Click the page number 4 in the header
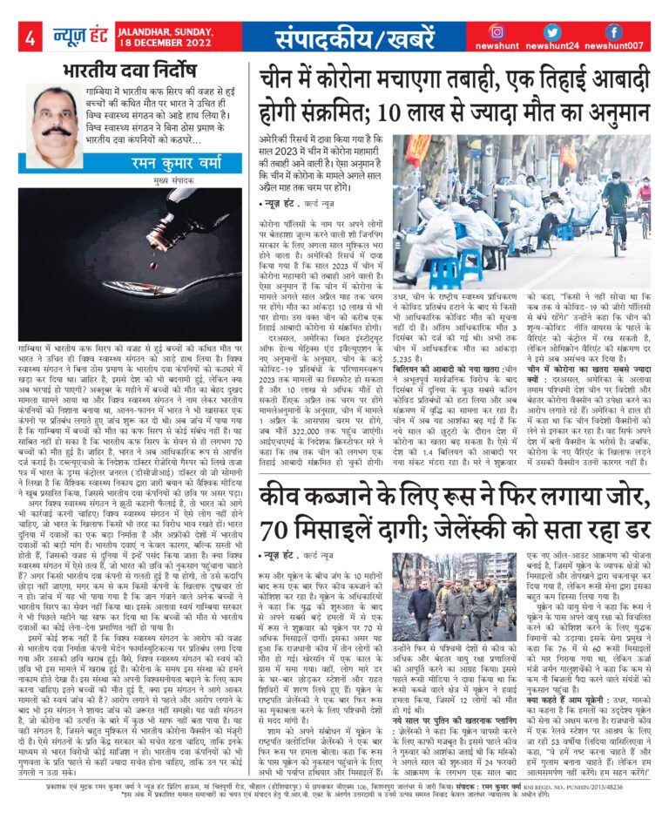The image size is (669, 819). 30,37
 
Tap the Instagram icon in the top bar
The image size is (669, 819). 497,32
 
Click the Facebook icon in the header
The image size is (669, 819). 613,32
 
